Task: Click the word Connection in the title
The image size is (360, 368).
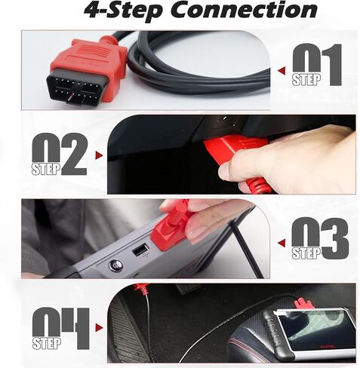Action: point(245,10)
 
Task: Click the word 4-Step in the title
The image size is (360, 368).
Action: point(122,11)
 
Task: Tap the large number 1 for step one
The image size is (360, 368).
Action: point(331,65)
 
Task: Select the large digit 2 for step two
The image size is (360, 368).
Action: point(74,154)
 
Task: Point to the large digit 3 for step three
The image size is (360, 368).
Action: point(335,238)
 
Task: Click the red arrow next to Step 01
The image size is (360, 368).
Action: point(282,71)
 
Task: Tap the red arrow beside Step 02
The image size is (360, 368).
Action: point(99,155)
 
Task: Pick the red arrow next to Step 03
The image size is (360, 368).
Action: point(282,243)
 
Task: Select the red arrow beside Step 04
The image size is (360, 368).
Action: point(99,328)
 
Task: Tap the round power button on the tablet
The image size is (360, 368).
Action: point(116,265)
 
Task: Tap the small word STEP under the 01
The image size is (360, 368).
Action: point(306,80)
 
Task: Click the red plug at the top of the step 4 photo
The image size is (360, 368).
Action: point(141,289)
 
